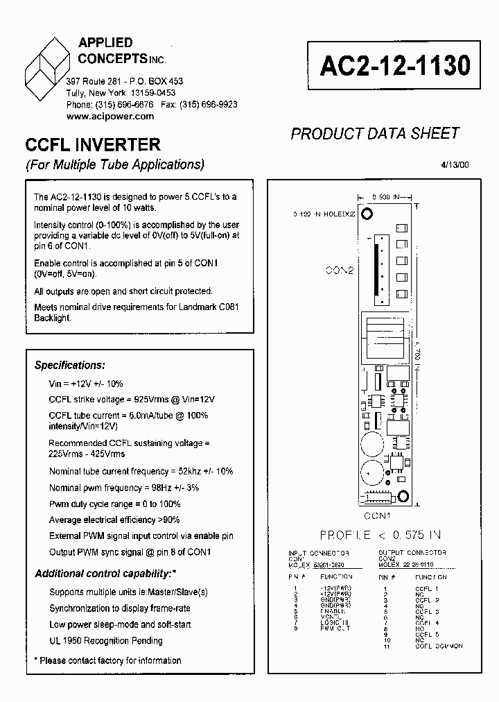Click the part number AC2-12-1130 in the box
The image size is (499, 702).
pyautogui.click(x=395, y=66)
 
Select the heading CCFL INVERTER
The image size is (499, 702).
pyautogui.click(x=93, y=145)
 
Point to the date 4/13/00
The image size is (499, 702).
pyautogui.click(x=454, y=165)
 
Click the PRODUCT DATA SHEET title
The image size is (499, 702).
pyautogui.click(x=375, y=133)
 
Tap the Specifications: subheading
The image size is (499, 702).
pyautogui.click(x=70, y=365)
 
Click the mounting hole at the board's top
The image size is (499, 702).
pyautogui.click(x=369, y=213)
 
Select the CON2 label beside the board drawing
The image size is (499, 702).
pyautogui.click(x=339, y=270)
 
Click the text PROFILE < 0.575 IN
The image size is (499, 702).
pyautogui.click(x=380, y=534)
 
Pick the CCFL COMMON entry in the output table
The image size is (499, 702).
pyautogui.click(x=438, y=647)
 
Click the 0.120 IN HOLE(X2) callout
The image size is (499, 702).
pyautogui.click(x=324, y=214)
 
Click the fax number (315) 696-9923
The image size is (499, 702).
pyautogui.click(x=208, y=105)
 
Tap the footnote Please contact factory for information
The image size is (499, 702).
pyautogui.click(x=107, y=660)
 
